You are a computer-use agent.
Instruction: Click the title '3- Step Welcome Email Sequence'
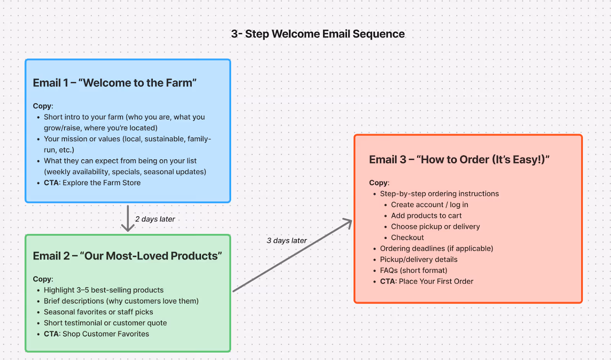(x=318, y=34)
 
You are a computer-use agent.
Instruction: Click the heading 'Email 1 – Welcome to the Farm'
(x=115, y=83)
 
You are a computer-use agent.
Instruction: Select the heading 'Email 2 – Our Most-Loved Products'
(x=127, y=256)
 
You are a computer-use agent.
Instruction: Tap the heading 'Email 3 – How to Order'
(x=459, y=160)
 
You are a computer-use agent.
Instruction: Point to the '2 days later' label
(x=155, y=219)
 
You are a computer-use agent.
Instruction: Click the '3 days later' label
(x=287, y=241)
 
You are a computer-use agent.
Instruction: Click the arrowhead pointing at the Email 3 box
(x=348, y=223)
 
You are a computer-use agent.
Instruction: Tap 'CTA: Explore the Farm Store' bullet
(x=92, y=183)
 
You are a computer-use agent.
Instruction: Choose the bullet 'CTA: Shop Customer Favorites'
(x=96, y=334)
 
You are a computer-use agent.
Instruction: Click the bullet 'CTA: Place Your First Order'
(x=427, y=281)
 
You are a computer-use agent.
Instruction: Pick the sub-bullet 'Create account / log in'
(x=429, y=205)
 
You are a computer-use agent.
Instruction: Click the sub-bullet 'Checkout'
(x=407, y=237)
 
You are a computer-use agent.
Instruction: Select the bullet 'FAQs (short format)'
(x=413, y=270)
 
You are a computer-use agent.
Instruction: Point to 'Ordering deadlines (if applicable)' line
(x=436, y=249)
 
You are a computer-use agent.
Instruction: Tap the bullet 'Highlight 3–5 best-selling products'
(x=103, y=290)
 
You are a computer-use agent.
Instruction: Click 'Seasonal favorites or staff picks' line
(x=98, y=312)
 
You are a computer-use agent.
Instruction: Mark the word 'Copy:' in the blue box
(x=43, y=106)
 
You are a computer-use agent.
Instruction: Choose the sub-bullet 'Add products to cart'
(x=426, y=216)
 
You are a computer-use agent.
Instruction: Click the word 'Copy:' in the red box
(x=379, y=183)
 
